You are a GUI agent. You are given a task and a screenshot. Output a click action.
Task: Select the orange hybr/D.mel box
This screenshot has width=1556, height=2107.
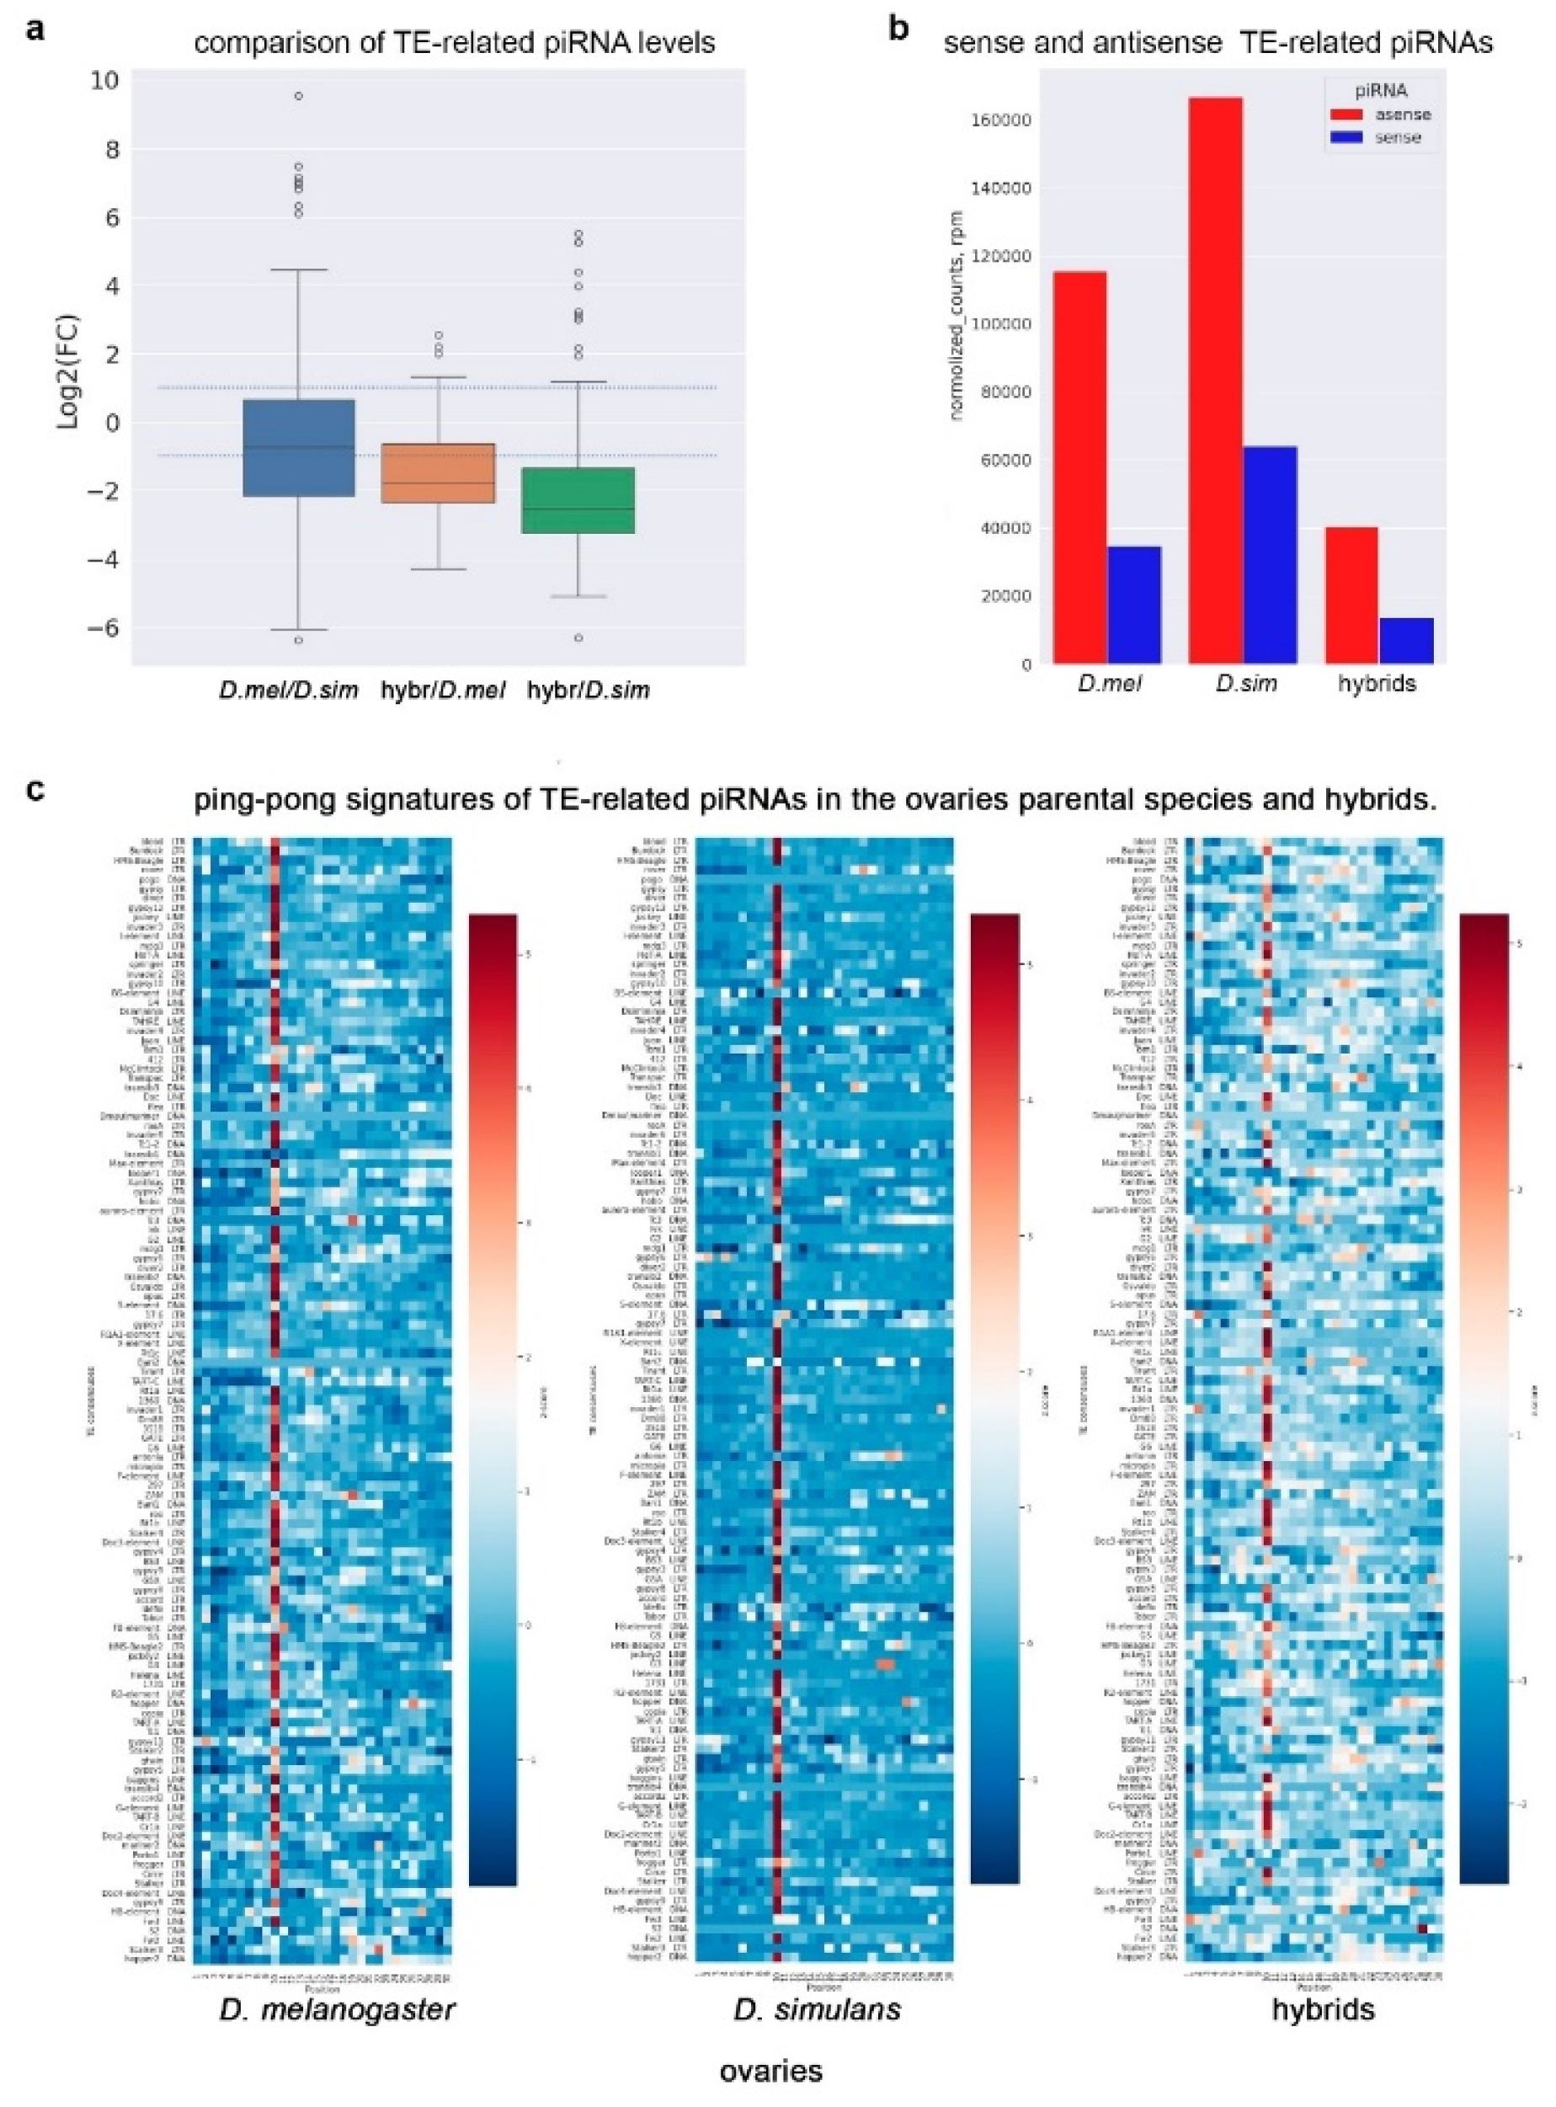point(438,472)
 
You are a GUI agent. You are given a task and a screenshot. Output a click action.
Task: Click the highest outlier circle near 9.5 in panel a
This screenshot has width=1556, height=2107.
point(297,96)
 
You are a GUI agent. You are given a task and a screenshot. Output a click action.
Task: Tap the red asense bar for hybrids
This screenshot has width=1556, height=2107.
point(1351,595)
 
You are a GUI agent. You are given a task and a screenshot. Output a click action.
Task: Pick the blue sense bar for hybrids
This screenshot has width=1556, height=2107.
point(1405,641)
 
